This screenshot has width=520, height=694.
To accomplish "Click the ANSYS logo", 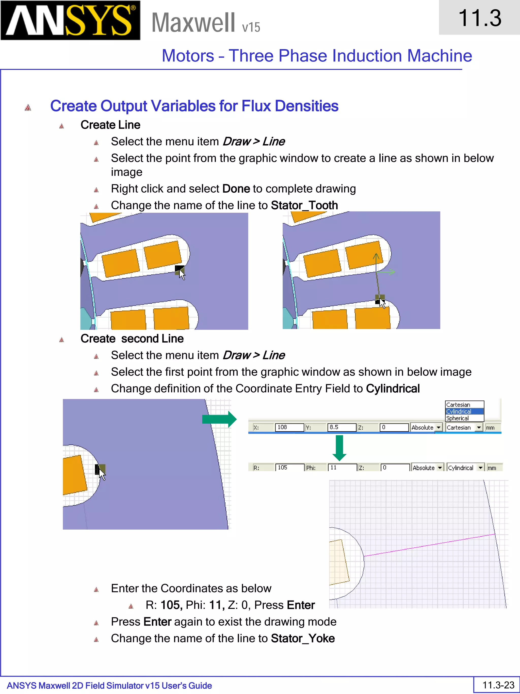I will pos(70,21).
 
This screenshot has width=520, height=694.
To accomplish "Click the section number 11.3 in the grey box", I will pos(480,18).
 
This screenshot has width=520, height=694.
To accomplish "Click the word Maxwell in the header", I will pos(193,23).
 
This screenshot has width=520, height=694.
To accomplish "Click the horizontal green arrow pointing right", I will pos(219,419).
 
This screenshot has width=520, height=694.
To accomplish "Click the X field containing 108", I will pos(289,427).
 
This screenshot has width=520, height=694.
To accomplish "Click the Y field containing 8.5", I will pos(342,427).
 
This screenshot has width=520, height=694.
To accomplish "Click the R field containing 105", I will pos(290,468).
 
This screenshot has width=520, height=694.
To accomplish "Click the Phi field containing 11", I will pos(342,468).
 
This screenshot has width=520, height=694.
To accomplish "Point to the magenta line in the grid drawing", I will pos(429,545).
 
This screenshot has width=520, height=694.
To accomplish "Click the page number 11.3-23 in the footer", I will pos(498,685).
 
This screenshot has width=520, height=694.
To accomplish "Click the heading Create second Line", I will pos(132,338).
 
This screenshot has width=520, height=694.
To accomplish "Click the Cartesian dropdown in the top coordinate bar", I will pos(464,427).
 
